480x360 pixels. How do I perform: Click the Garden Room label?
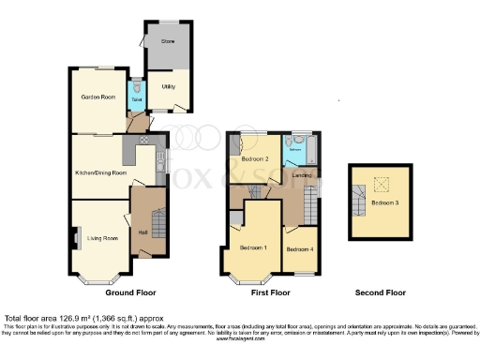point(97,96)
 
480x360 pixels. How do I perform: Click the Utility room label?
point(169,86)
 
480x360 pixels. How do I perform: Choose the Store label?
point(168,41)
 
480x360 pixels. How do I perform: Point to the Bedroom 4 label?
point(299,249)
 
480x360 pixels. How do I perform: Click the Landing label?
point(301,175)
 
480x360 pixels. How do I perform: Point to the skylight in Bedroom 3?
point(381,184)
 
